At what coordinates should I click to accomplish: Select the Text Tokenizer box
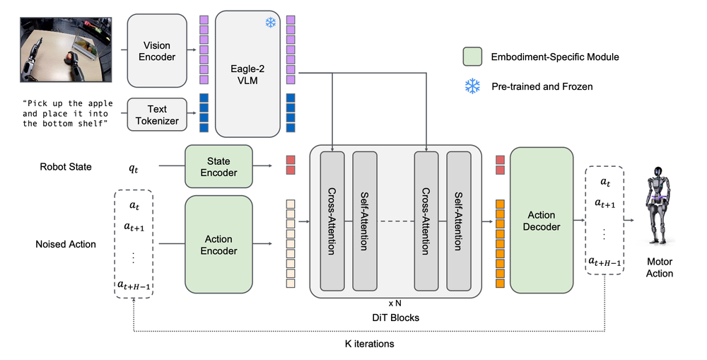coord(157,115)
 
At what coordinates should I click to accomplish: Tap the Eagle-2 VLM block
coord(247,74)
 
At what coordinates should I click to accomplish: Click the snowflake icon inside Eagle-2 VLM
coord(271,23)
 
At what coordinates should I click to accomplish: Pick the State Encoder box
coord(218,166)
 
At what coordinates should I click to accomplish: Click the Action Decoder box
coord(541,220)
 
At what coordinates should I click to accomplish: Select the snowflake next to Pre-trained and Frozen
coord(472,86)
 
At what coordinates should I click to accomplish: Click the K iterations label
coord(368,344)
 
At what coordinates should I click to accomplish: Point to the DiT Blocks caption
coord(395,318)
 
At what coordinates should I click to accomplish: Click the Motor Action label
coord(659,267)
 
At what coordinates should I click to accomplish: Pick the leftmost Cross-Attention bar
coord(332,220)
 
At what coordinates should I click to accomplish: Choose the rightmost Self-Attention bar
coord(457,220)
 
